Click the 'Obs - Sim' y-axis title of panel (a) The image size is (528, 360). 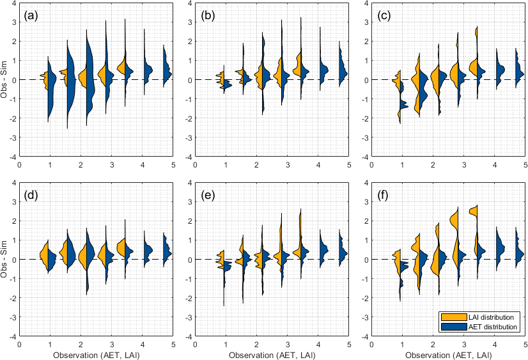pos(6,79)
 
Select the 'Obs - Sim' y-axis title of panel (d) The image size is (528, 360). pos(6,259)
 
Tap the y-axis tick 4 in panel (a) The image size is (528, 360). pos(15,3)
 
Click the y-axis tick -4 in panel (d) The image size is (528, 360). pos(13,336)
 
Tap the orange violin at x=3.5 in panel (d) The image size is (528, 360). pos(121,247)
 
